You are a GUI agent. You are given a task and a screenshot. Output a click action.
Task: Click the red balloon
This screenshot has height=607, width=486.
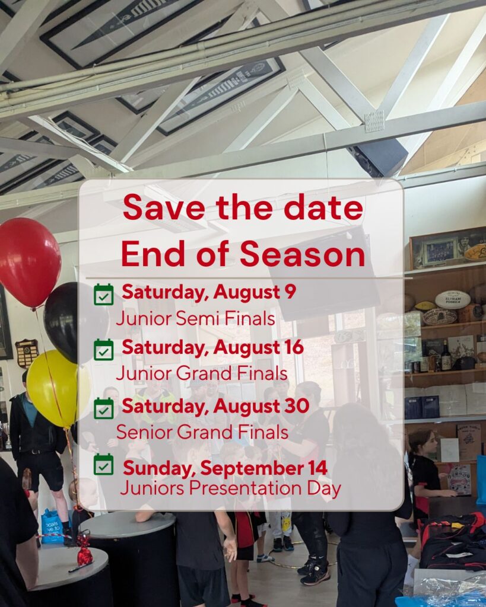[28, 263]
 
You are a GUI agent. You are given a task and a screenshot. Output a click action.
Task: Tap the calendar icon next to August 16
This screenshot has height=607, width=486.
[104, 350]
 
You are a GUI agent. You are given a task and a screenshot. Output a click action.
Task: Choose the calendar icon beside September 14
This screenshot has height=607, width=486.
[104, 464]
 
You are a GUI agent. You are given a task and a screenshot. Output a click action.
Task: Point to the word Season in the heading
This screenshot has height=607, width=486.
[303, 254]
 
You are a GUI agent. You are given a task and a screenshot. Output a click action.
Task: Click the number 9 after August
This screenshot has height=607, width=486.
[291, 292]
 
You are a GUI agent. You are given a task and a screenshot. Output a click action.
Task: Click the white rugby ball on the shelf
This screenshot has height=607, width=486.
[453, 299]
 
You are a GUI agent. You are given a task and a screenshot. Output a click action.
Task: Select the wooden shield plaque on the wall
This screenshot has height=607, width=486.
[27, 353]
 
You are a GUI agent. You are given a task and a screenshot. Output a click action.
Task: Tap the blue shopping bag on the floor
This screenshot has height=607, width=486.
[52, 526]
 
